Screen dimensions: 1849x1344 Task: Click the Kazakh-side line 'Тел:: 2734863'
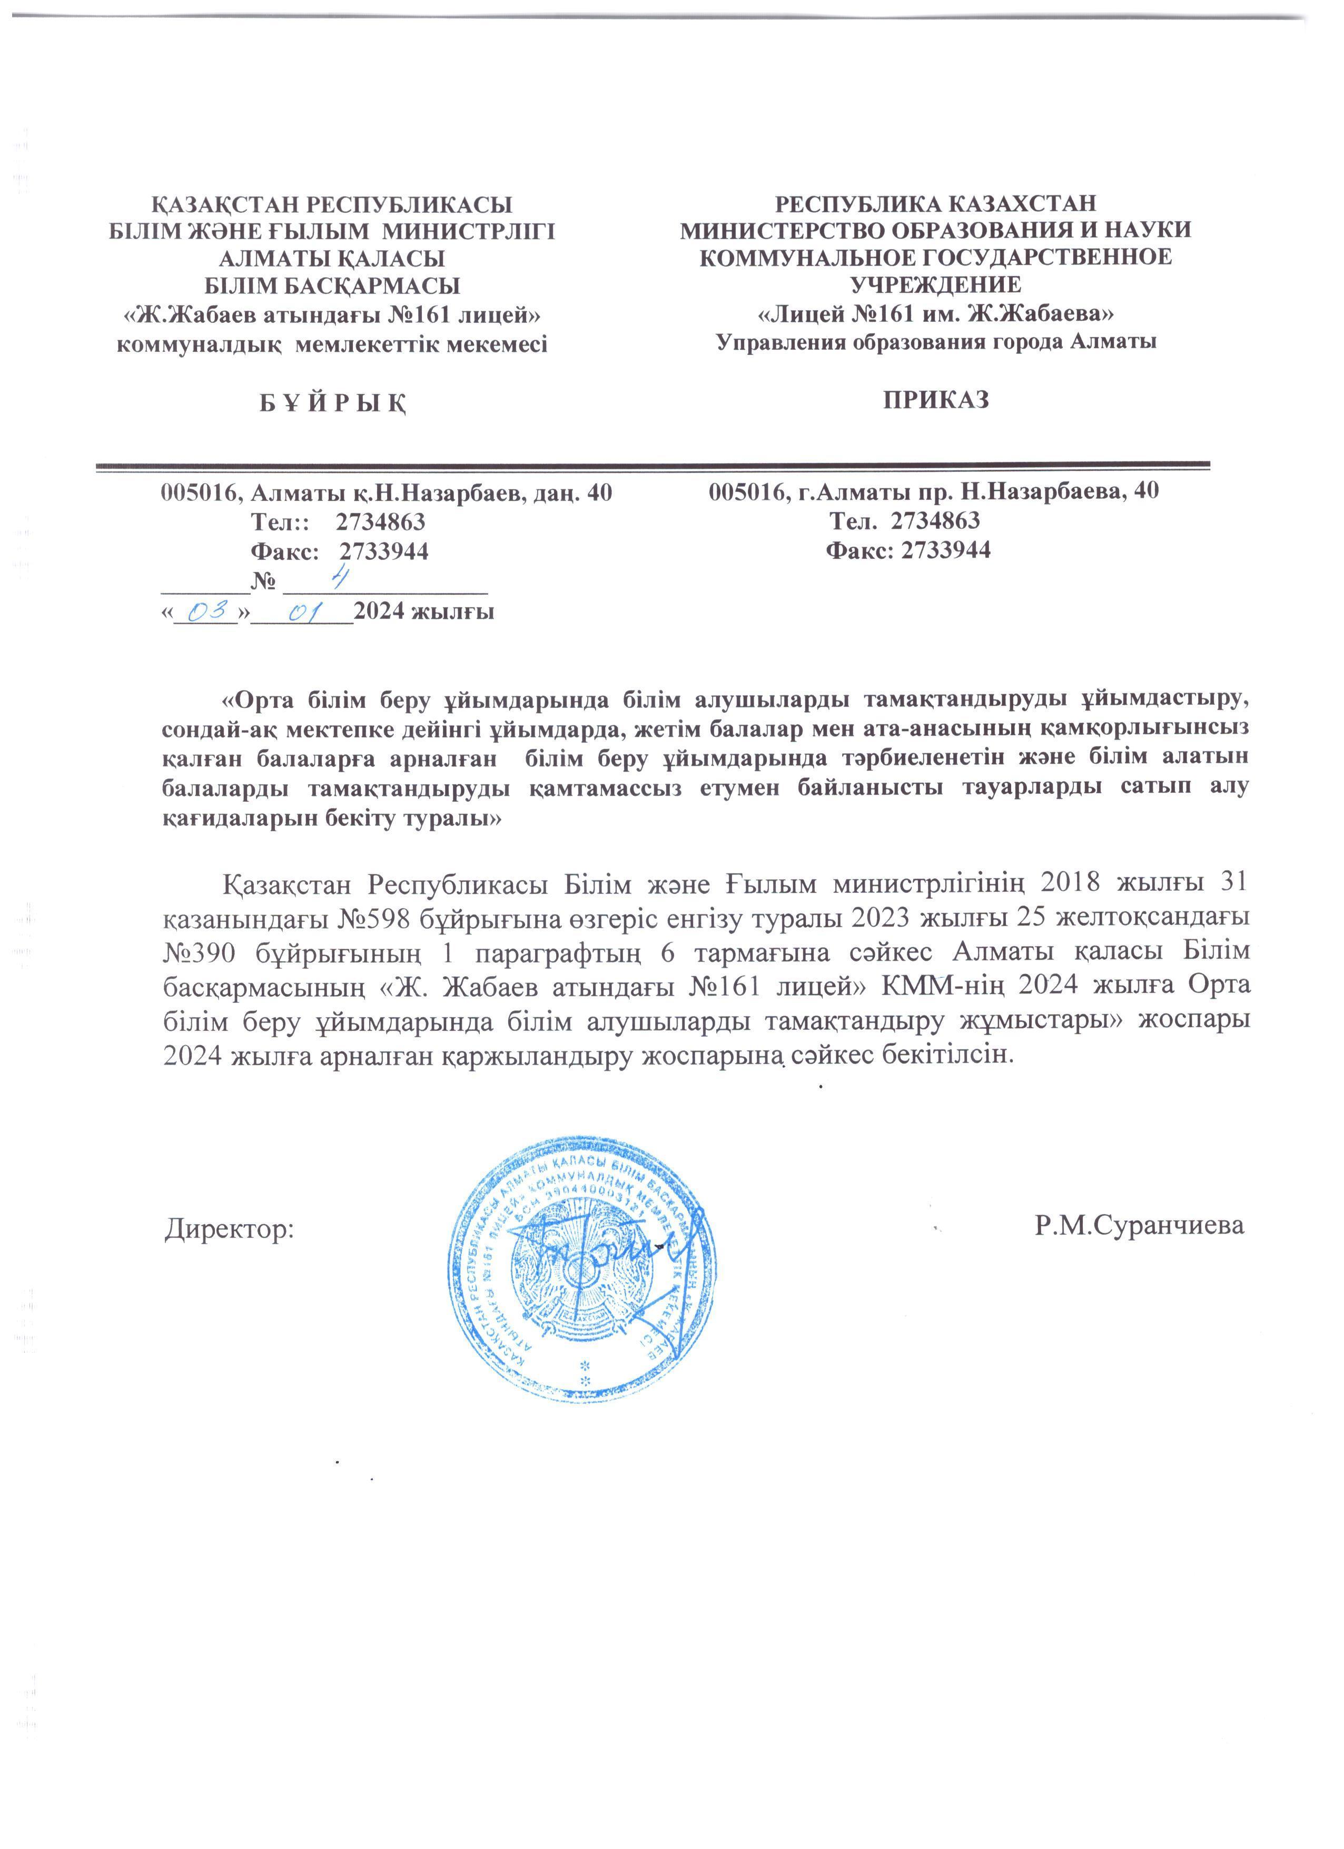pyautogui.click(x=338, y=521)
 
